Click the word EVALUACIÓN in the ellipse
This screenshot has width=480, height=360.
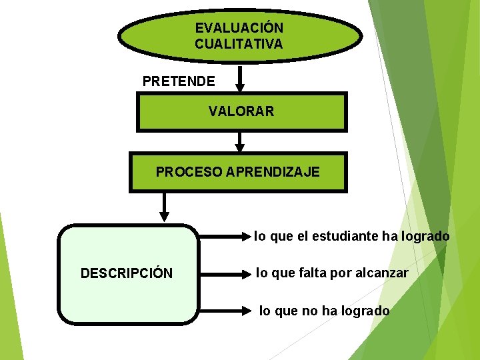239,28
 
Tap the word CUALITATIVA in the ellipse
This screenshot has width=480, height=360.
239,44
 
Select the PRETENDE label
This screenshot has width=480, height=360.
179,82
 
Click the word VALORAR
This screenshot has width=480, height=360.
241,111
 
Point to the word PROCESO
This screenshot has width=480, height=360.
189,172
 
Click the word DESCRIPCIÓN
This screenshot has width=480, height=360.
127,273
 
